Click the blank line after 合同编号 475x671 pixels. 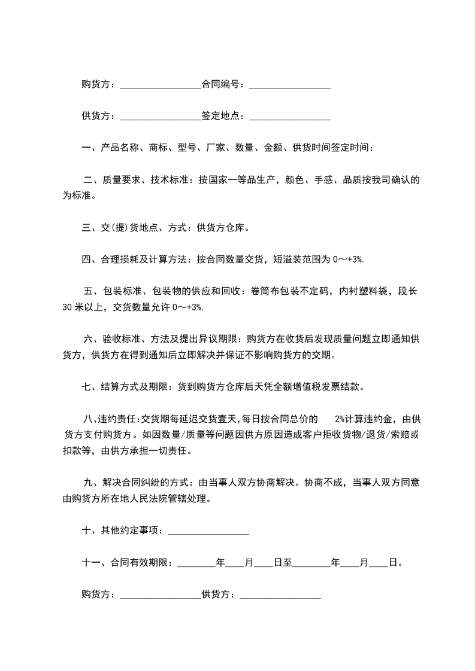[290, 87]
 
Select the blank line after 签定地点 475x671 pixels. [290, 118]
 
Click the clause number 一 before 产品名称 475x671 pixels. [86, 148]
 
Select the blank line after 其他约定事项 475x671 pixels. [208, 532]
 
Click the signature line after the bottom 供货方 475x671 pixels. [280, 597]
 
